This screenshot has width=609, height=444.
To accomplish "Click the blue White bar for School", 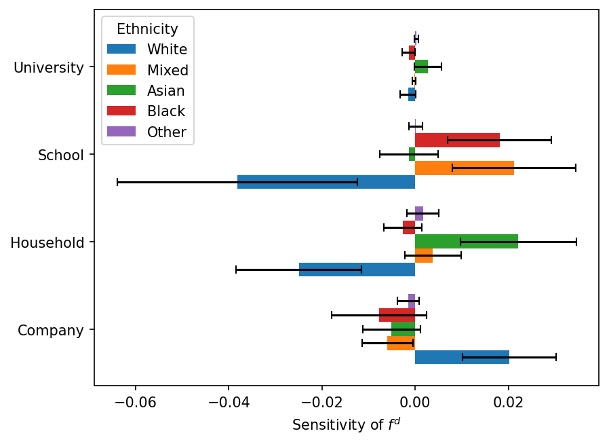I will click(326, 182).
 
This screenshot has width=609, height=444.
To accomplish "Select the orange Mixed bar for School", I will click(464, 168).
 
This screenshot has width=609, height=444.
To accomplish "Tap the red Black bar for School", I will click(457, 140).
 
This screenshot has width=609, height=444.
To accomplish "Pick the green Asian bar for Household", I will click(466, 242).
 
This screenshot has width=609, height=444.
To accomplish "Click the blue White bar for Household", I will click(357, 270).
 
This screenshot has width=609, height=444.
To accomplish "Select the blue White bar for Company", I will click(462, 357).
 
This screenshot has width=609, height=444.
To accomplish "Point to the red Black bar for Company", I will click(397, 315).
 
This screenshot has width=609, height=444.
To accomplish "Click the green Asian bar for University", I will click(421, 67).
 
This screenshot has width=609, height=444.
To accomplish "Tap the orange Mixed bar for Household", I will click(424, 255).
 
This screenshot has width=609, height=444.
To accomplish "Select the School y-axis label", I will click(61, 155).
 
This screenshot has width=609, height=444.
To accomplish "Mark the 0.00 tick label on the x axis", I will click(415, 401).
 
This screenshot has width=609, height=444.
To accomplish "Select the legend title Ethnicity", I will click(147, 29).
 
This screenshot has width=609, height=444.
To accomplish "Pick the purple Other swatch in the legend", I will click(122, 132).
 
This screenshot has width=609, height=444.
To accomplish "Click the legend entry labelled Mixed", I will click(168, 70).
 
